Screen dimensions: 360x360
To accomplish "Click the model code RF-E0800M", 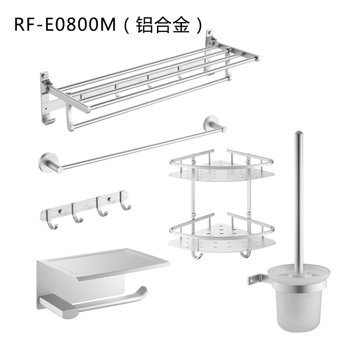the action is coord(65,24).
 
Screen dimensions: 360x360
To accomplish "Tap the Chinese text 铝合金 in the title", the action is coord(163,25).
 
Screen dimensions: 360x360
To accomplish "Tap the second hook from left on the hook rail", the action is coord(77,213).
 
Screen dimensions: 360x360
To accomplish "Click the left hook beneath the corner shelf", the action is coord(197,255).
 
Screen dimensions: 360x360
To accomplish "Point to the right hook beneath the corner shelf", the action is coord(246,254).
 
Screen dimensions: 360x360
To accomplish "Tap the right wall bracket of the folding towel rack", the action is coord(210,52).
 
